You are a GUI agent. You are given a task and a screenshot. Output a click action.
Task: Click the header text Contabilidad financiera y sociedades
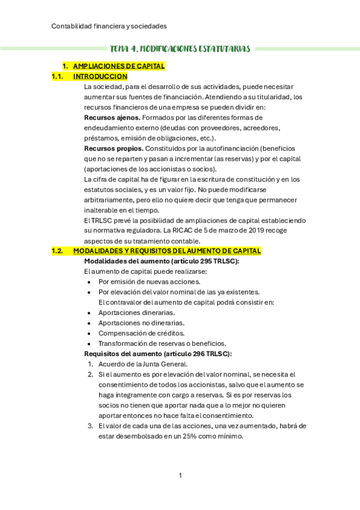point(109,26)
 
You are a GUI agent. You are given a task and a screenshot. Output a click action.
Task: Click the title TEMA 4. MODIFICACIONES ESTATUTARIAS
point(180,49)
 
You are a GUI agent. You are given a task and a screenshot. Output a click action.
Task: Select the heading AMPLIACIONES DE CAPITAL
point(118,66)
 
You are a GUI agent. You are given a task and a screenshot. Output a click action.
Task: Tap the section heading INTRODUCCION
point(100,76)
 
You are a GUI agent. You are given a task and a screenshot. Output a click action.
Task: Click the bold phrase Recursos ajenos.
point(112,117)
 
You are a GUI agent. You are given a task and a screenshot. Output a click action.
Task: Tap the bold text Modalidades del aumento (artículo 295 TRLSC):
point(162,261)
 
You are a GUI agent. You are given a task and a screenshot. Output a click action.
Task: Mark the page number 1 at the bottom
point(180,476)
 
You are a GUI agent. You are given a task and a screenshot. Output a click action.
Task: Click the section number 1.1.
point(58,76)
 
